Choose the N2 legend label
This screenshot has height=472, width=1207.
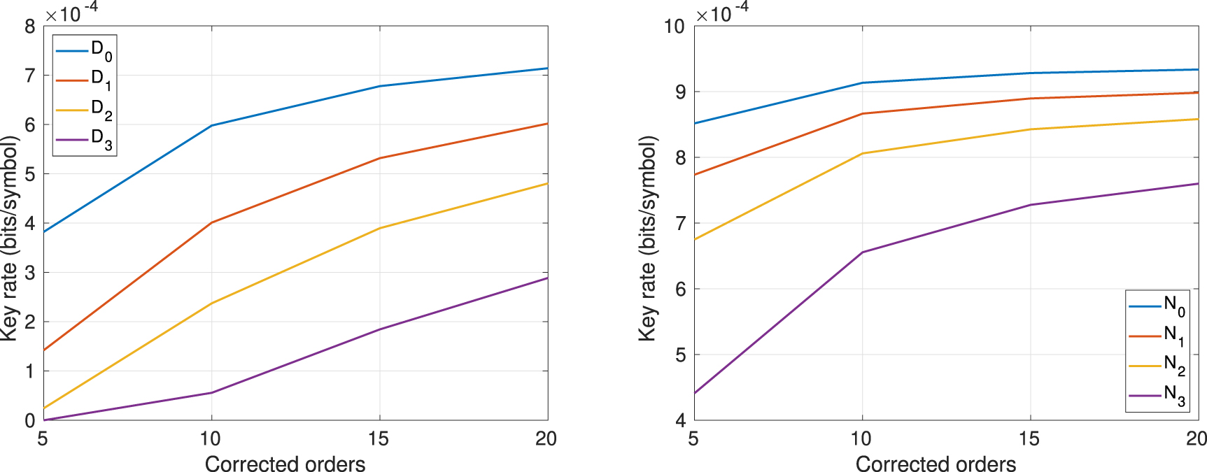click(x=1173, y=365)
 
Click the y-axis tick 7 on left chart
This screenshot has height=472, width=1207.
click(x=29, y=76)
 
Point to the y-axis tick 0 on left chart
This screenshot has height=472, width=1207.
click(x=29, y=420)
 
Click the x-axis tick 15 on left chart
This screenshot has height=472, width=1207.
click(x=379, y=438)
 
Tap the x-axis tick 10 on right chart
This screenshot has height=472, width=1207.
click(x=861, y=438)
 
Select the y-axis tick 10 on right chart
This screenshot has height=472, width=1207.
click(x=674, y=27)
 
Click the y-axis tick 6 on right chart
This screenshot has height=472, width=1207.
click(x=680, y=289)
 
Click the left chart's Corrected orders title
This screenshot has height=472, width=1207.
click(x=285, y=464)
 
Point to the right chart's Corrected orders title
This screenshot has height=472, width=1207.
click(x=936, y=464)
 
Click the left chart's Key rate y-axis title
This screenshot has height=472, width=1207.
click(x=9, y=238)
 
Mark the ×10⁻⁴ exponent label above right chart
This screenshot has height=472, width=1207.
click(x=722, y=12)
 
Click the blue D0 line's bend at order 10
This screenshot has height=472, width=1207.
click(x=211, y=125)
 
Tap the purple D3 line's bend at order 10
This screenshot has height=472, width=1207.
click(x=211, y=392)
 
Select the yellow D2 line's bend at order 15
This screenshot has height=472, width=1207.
click(x=379, y=228)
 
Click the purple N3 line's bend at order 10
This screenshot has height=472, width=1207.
click(x=862, y=252)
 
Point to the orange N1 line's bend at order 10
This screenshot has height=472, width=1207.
click(x=862, y=113)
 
